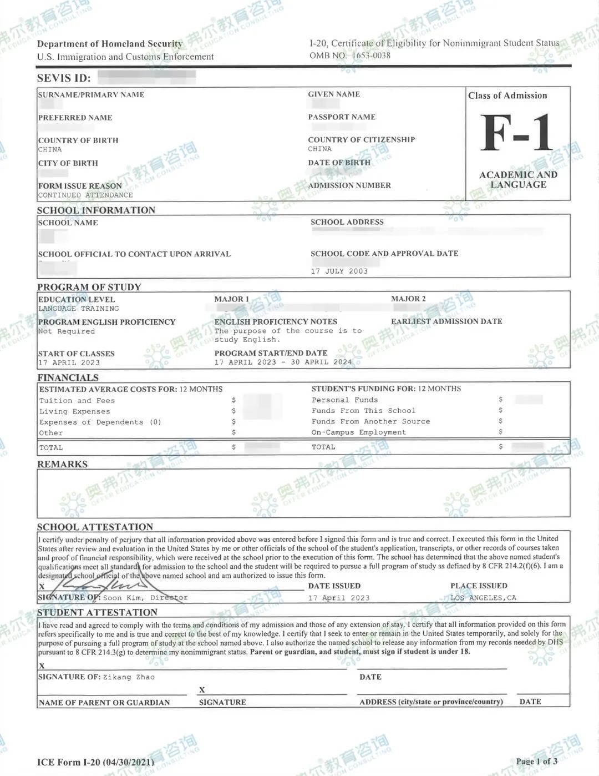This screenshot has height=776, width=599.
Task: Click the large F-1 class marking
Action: [x=517, y=133]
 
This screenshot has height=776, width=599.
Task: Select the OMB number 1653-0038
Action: [x=350, y=56]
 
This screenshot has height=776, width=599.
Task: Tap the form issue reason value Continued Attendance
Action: [x=85, y=195]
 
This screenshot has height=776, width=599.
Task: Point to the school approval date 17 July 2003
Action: [x=339, y=271]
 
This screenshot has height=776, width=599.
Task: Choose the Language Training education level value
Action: [x=78, y=309]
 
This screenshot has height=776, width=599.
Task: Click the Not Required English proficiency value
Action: [x=67, y=331]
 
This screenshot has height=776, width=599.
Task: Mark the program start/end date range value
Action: [x=283, y=362]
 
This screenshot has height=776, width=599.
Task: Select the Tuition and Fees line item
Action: [x=77, y=401]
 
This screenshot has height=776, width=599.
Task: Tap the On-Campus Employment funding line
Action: [x=358, y=432]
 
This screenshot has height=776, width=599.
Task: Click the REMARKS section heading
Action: [x=62, y=464]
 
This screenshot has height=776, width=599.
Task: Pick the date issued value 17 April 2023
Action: [x=338, y=598]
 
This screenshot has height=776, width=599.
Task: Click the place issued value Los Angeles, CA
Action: [x=483, y=598]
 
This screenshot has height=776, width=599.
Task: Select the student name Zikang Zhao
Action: [x=129, y=677]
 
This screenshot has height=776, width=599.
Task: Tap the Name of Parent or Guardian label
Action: [x=104, y=702]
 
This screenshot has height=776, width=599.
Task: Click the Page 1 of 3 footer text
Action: [x=536, y=761]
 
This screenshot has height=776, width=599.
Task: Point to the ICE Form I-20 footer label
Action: [x=95, y=762]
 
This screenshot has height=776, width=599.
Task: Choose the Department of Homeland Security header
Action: [x=109, y=44]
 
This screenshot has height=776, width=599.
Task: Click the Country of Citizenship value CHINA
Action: [x=319, y=149]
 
